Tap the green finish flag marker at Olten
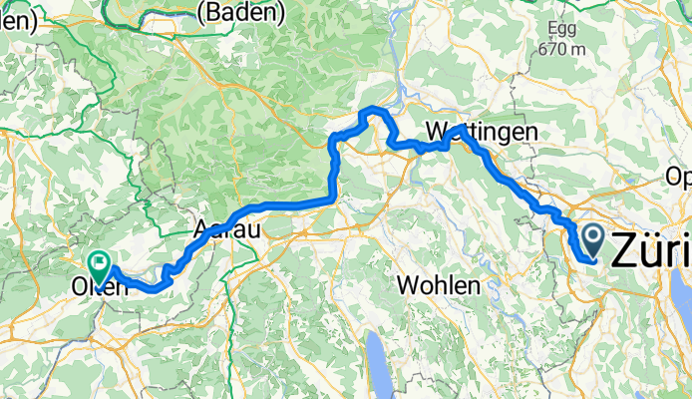coord(99,264)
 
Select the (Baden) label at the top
coord(242,13)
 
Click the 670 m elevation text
coord(563,48)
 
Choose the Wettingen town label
coord(481,132)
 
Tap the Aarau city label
coord(228,228)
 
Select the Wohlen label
coord(439,284)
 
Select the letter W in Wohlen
coord(407,284)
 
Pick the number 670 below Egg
coord(550,48)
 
